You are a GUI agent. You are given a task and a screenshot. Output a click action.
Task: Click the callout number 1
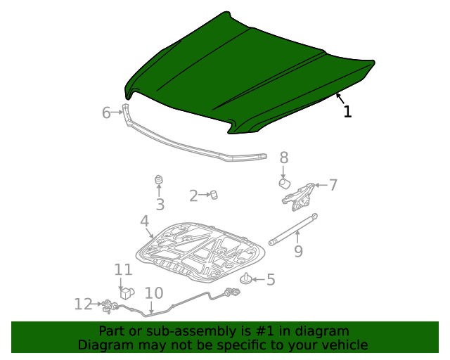[347, 111]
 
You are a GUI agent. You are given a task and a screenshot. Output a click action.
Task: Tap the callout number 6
[107, 112]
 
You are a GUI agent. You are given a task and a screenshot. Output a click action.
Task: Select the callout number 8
[284, 157]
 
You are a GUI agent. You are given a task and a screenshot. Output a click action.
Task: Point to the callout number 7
[333, 185]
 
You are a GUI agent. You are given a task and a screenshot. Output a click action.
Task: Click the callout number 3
[160, 205]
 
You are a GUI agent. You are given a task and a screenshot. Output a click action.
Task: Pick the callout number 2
[193, 196]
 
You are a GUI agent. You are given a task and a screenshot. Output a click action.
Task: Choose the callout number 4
[145, 221]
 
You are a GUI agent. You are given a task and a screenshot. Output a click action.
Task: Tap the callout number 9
[298, 251]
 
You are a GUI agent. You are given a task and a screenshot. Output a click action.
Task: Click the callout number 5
[270, 280]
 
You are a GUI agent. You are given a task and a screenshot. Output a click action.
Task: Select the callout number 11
[124, 269]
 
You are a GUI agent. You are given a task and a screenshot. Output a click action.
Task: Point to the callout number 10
[153, 293]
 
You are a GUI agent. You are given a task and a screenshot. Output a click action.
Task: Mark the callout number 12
[83, 304]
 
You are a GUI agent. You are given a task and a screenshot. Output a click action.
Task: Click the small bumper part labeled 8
[285, 184]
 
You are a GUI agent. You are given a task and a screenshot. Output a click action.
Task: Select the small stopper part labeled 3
[159, 181]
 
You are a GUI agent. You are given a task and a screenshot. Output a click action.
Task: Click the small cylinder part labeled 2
[214, 194]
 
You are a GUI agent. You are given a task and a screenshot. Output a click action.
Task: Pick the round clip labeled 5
[247, 280]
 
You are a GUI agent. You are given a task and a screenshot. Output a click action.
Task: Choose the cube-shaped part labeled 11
[127, 292]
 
